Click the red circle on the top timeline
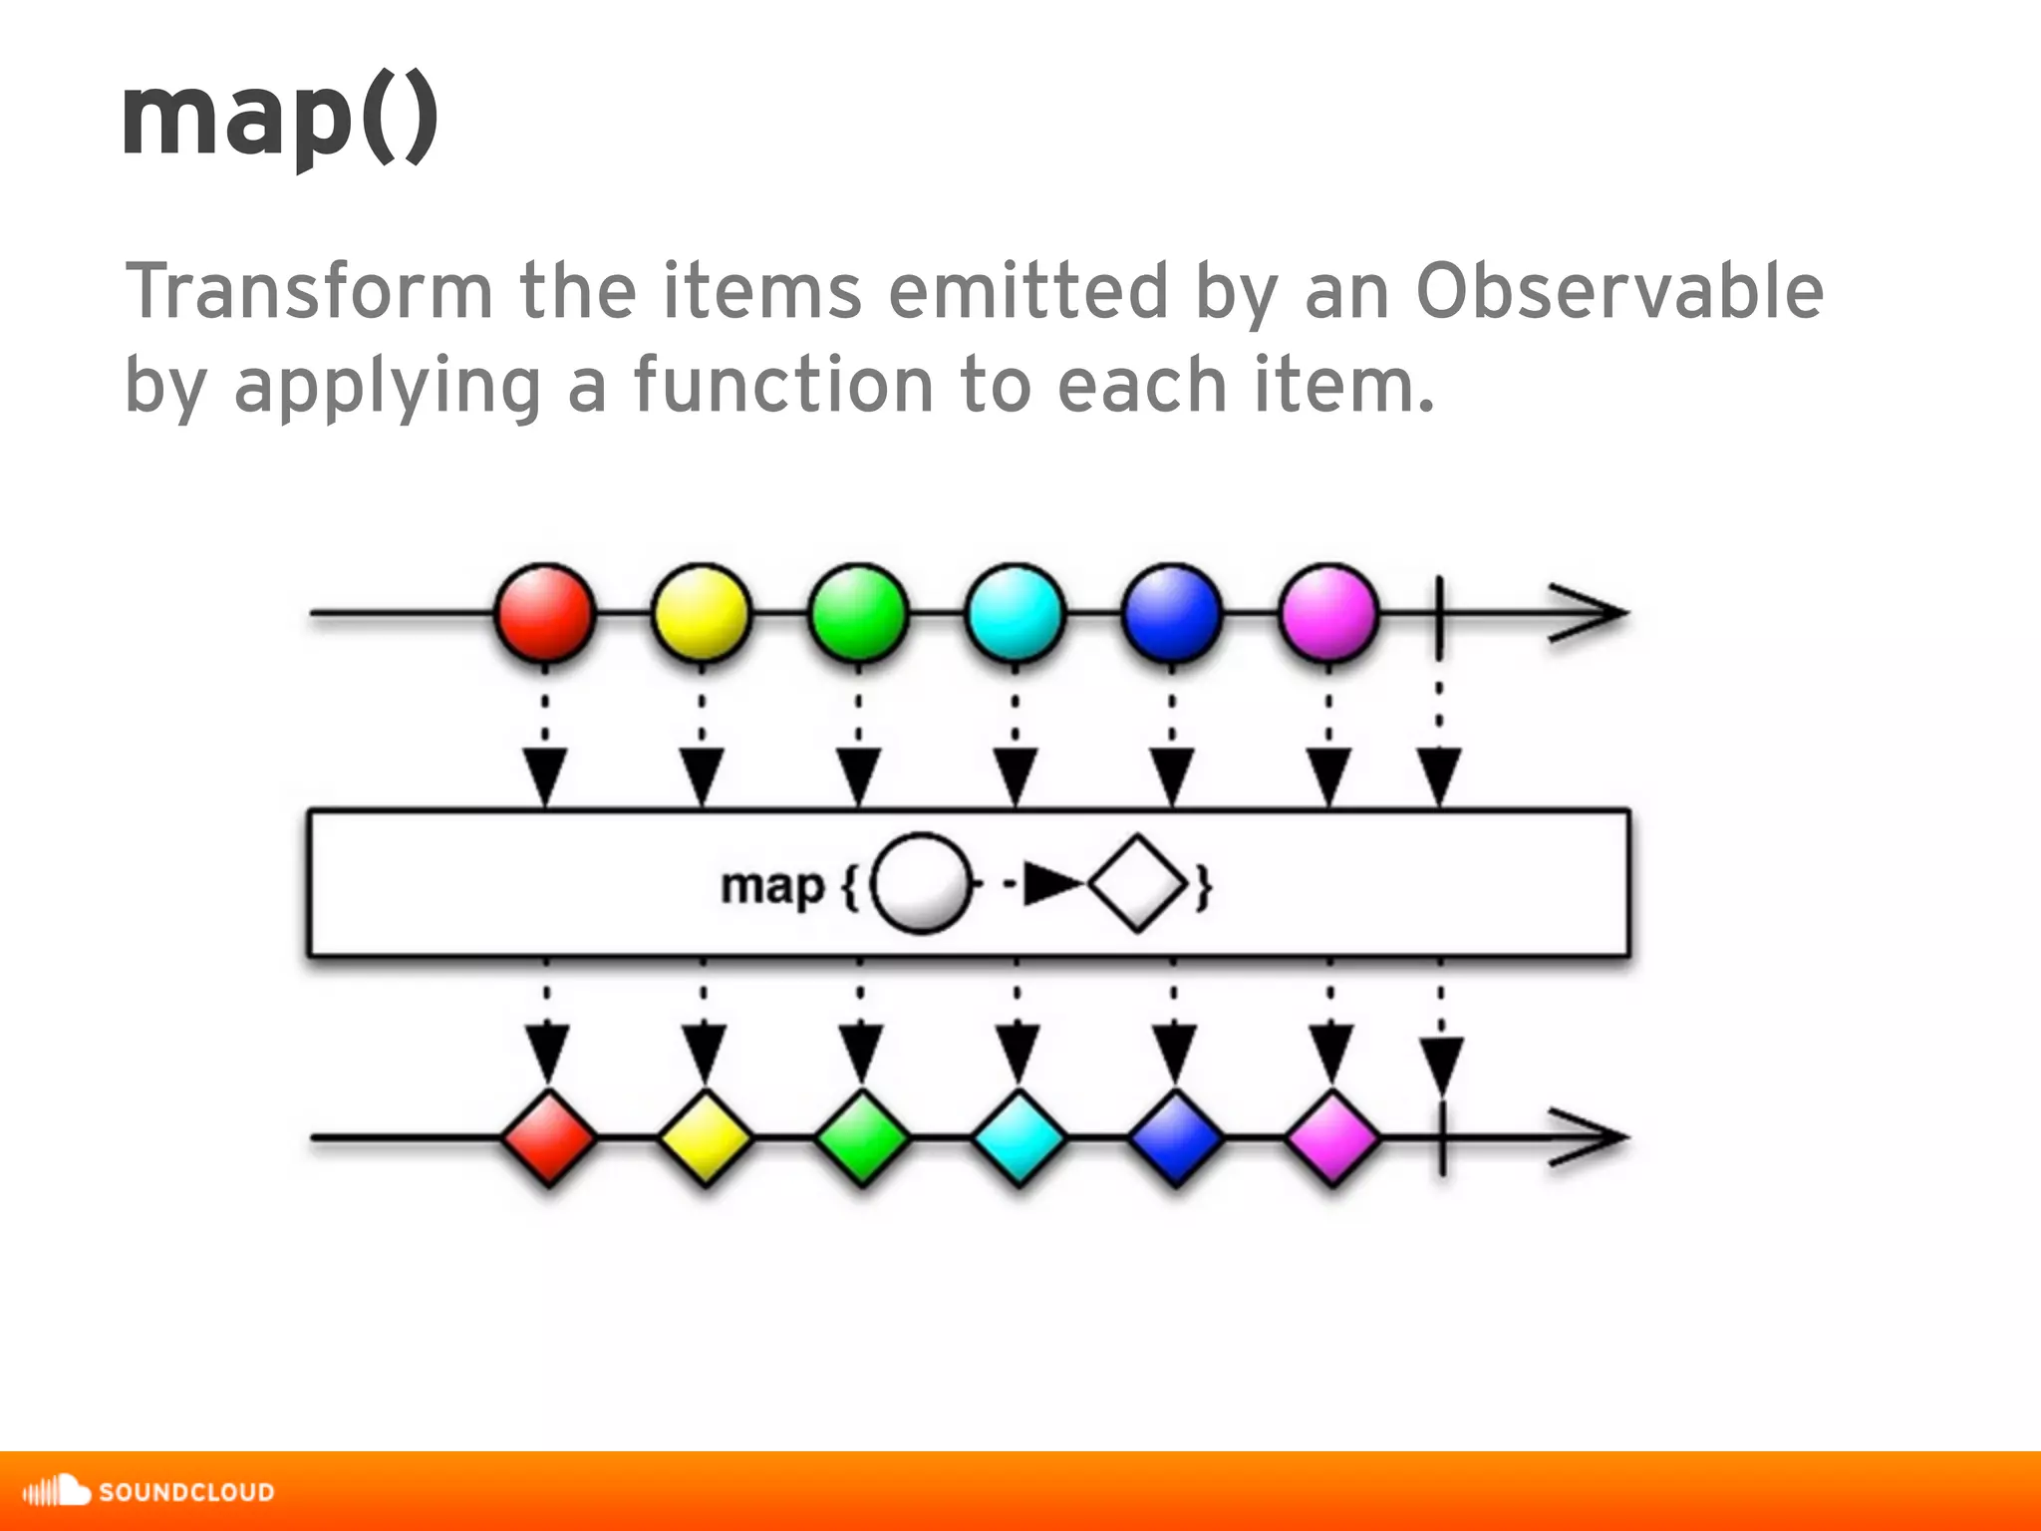(545, 613)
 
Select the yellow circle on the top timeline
(702, 613)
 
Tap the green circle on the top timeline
(858, 613)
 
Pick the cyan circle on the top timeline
(1016, 613)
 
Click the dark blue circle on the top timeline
(1172, 613)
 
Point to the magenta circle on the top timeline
(1328, 613)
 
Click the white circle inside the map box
(921, 883)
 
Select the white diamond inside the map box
(1138, 883)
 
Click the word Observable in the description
(1619, 292)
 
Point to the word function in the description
(783, 386)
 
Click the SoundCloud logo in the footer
(149, 1491)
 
